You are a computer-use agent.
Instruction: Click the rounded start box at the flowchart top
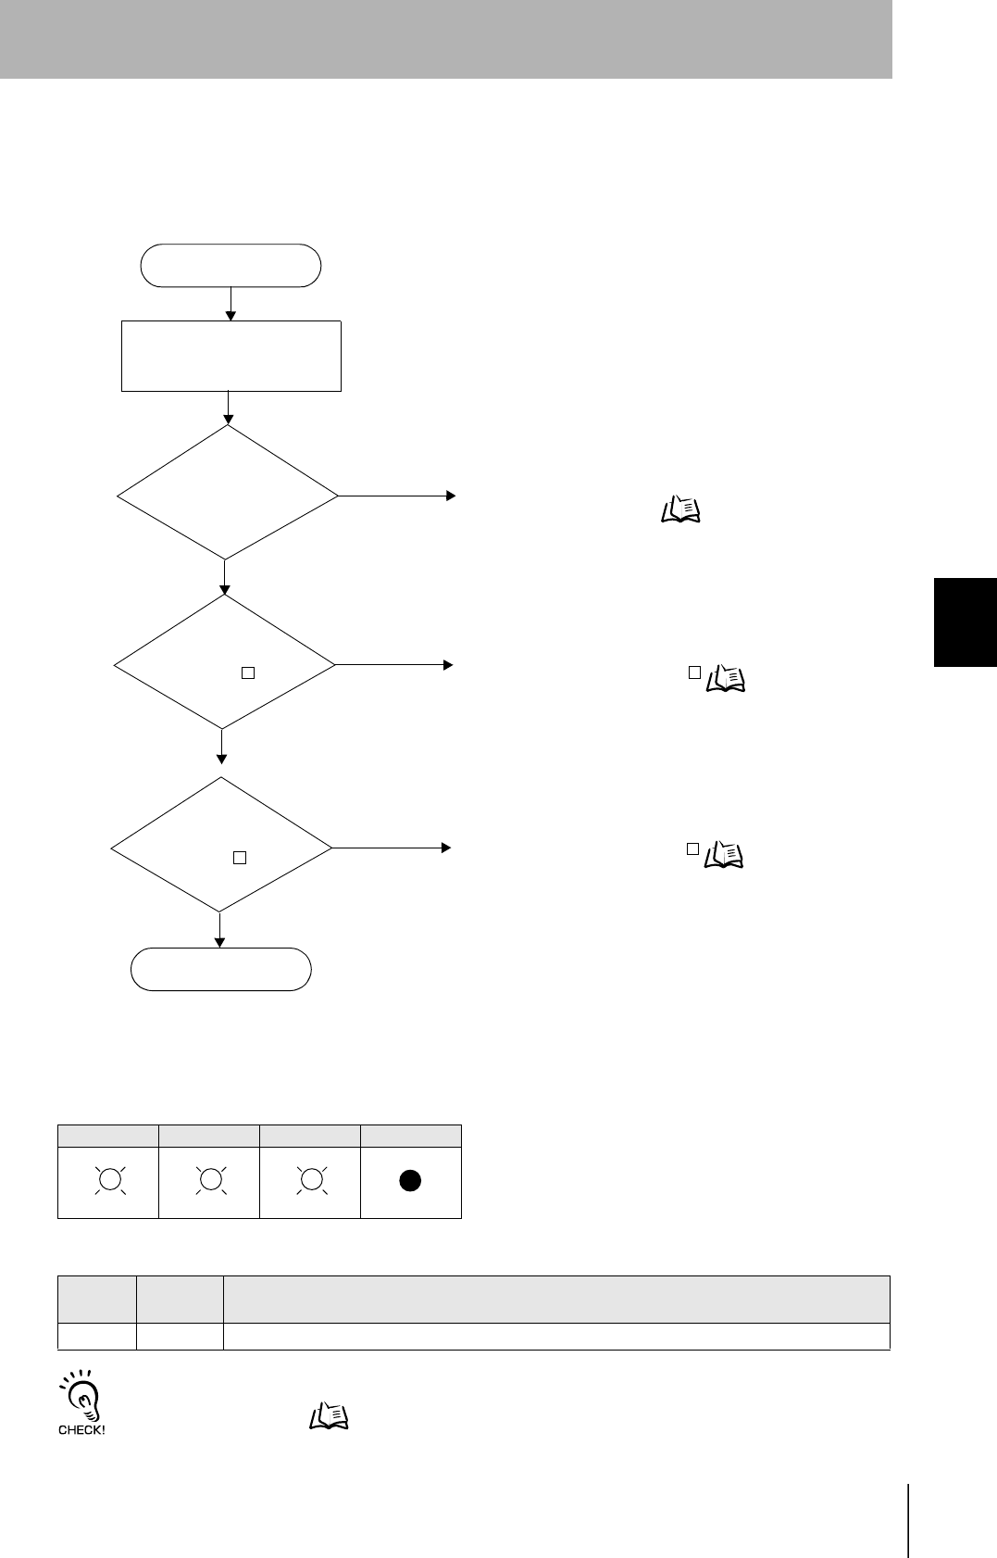(x=231, y=266)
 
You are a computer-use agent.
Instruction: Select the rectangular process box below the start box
(x=231, y=356)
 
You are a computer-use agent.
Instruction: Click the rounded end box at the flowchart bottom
(x=221, y=969)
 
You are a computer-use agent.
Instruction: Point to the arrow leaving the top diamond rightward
(x=396, y=496)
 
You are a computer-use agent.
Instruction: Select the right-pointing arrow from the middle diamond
(x=393, y=664)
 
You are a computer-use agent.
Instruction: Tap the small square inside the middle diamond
(x=247, y=673)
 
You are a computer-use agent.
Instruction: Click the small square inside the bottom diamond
(x=239, y=857)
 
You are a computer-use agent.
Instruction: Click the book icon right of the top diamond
(x=681, y=509)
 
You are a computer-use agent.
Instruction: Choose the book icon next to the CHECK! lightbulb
(x=328, y=1414)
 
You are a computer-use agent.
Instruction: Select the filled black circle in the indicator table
(x=411, y=1180)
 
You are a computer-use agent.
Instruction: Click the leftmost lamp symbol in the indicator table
(x=109, y=1180)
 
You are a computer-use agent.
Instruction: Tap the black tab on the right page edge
(x=966, y=622)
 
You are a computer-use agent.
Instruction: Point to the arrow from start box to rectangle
(x=231, y=303)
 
